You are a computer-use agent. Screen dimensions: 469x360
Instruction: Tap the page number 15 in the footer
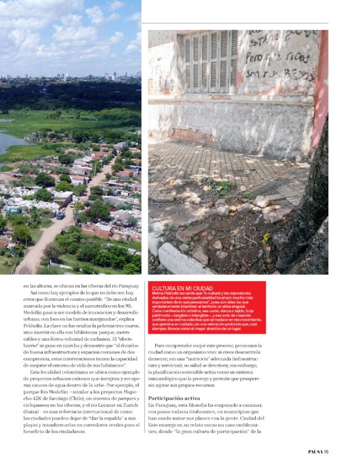click(326, 452)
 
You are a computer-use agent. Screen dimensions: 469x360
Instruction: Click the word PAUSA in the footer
click(315, 452)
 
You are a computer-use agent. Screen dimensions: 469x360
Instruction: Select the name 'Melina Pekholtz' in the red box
click(167, 294)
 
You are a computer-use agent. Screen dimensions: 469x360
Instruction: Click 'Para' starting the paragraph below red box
click(160, 345)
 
